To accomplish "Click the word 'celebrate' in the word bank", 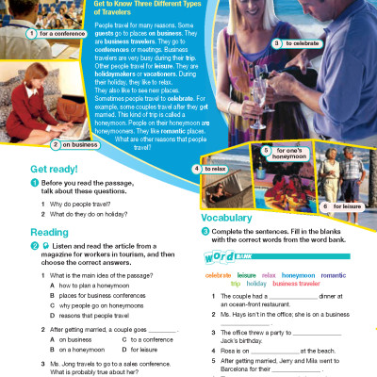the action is (218, 274).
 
